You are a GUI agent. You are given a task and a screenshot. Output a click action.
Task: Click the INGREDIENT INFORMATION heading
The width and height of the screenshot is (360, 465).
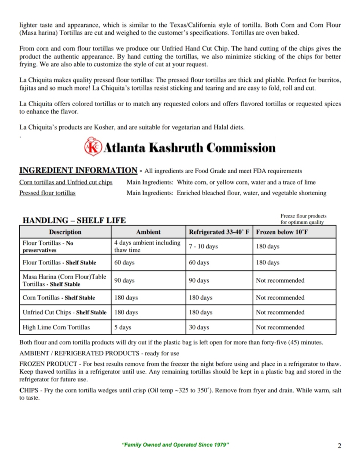pyautogui.click(x=78, y=170)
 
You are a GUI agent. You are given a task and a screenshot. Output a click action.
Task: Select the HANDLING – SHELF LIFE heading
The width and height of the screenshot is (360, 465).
pyautogui.click(x=74, y=220)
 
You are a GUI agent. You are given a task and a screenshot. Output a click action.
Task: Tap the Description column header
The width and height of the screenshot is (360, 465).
pyautogui.click(x=65, y=232)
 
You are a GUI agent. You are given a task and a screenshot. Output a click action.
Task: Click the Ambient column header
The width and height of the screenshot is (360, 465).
pyautogui.click(x=148, y=232)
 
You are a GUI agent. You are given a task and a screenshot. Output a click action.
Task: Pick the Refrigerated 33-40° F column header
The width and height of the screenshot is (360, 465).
pyautogui.click(x=219, y=232)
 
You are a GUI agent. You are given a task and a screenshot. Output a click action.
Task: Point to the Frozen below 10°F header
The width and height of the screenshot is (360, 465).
pyautogui.click(x=282, y=232)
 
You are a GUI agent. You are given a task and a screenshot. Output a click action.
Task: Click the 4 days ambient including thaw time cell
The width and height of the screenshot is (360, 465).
pyautogui.click(x=147, y=246)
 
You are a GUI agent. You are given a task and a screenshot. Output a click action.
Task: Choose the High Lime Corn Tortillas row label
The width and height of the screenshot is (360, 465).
pyautogui.click(x=56, y=327)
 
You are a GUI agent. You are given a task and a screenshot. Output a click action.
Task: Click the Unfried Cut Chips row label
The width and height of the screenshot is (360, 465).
pyautogui.click(x=64, y=312)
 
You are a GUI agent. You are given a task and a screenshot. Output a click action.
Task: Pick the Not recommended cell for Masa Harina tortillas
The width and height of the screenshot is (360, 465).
pyautogui.click(x=280, y=280)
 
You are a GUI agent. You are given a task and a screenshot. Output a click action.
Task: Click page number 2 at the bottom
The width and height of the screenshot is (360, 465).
pyautogui.click(x=339, y=446)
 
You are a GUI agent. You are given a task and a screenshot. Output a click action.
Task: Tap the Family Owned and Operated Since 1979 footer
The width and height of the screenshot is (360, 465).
pyautogui.click(x=175, y=445)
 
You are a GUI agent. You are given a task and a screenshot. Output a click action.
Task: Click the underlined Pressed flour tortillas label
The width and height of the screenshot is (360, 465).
pyautogui.click(x=47, y=193)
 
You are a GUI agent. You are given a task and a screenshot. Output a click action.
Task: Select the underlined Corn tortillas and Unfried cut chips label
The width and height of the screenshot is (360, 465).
pyautogui.click(x=66, y=182)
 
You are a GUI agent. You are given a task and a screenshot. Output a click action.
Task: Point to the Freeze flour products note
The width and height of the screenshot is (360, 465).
pyautogui.click(x=303, y=219)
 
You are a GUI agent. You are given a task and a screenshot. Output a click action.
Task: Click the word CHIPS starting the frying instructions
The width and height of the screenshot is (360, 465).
pyautogui.click(x=29, y=390)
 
